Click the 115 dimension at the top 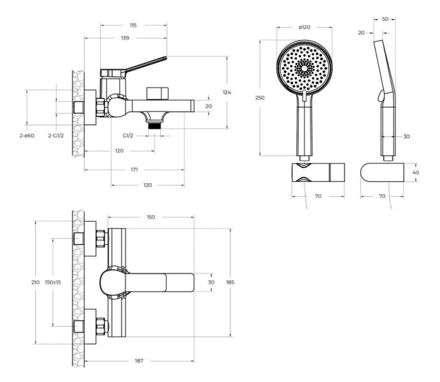(x=133, y=25)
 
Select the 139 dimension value (x=125, y=38)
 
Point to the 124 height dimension (x=227, y=92)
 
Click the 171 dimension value (x=134, y=170)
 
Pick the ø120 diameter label (x=305, y=27)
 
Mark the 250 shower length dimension (x=260, y=97)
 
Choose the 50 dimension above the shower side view (x=385, y=19)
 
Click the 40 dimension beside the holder (x=416, y=172)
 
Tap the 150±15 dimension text (x=53, y=282)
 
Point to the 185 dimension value (x=230, y=282)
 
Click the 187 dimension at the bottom (x=139, y=361)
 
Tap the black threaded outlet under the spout (x=153, y=126)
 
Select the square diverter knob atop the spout (x=155, y=92)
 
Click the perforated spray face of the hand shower (x=305, y=68)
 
